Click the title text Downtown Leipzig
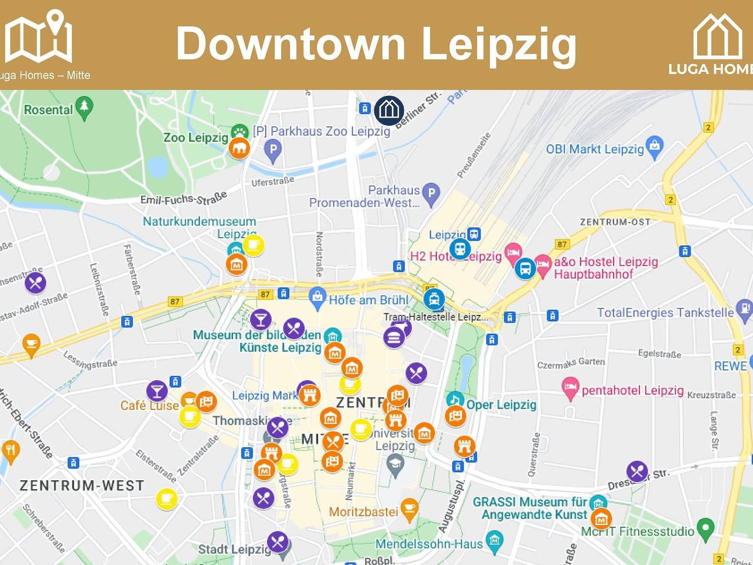pyautogui.click(x=376, y=44)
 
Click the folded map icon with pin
pyautogui.click(x=39, y=36)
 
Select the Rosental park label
pyautogui.click(x=48, y=110)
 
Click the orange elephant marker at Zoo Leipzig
pyautogui.click(x=239, y=148)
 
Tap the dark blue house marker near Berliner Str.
pyautogui.click(x=389, y=110)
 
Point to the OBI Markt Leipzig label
pyautogui.click(x=595, y=149)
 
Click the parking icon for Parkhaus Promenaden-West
pyautogui.click(x=431, y=194)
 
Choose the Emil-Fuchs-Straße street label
pyautogui.click(x=184, y=199)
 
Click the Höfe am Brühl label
pyautogui.click(x=368, y=300)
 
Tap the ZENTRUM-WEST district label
pyautogui.click(x=82, y=486)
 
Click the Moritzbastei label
pyautogui.click(x=364, y=512)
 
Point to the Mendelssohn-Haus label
pyautogui.click(x=429, y=544)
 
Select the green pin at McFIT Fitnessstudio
pyautogui.click(x=705, y=529)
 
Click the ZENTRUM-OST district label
pyautogui.click(x=615, y=222)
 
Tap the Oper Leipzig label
pyautogui.click(x=501, y=404)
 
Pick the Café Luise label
pyautogui.click(x=149, y=406)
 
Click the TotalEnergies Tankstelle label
pyautogui.click(x=665, y=313)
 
